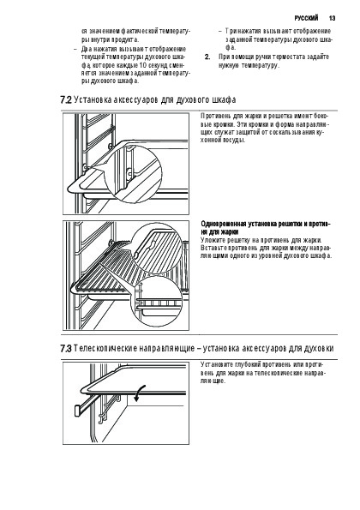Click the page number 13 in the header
pyautogui.click(x=332, y=18)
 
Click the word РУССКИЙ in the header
pyautogui.click(x=306, y=18)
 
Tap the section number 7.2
pyautogui.click(x=66, y=99)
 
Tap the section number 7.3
pyautogui.click(x=66, y=348)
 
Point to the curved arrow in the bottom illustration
pyautogui.click(x=139, y=393)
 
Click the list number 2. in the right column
pyautogui.click(x=207, y=57)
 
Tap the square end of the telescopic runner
pyautogui.click(x=77, y=411)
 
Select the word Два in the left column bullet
pyautogui.click(x=87, y=49)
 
